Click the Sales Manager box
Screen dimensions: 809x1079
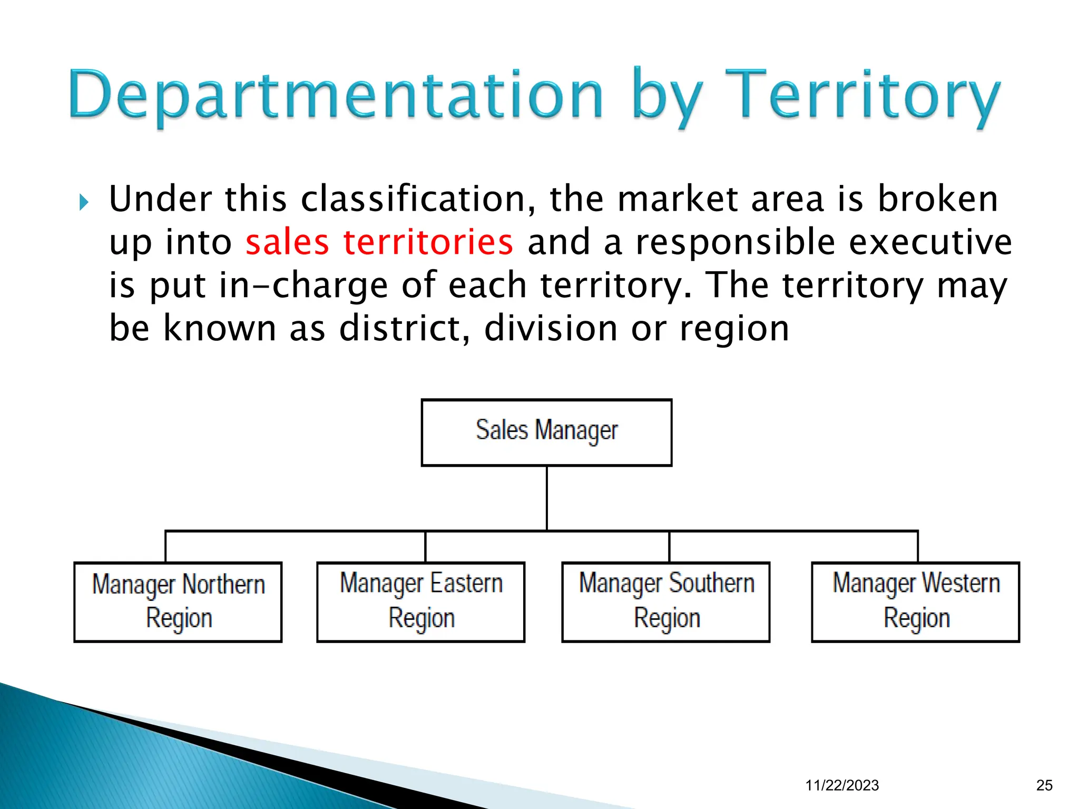coord(546,432)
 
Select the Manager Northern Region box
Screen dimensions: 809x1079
coord(178,602)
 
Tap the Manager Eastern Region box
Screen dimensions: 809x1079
coord(420,602)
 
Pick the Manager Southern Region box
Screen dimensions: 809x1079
coord(666,602)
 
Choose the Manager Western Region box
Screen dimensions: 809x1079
coord(916,602)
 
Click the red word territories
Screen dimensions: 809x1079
coord(428,242)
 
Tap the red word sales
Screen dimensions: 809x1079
coord(287,242)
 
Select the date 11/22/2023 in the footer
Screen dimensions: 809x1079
coord(842,785)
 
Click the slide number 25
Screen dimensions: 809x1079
coord(1044,785)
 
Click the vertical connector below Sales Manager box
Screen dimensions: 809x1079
coord(547,498)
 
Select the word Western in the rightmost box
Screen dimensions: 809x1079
coord(961,583)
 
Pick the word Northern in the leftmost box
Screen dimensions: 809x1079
coord(223,585)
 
